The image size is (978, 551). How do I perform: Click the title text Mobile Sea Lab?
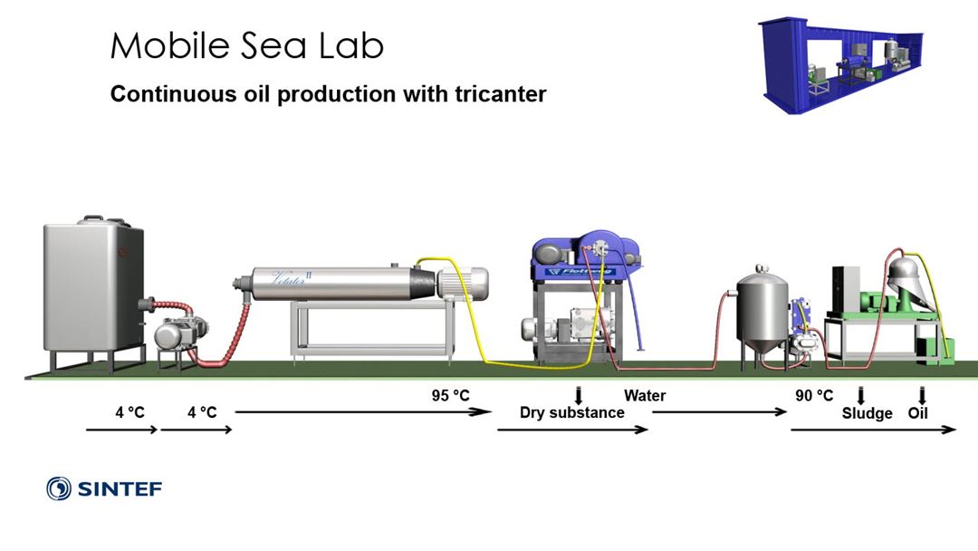point(246,46)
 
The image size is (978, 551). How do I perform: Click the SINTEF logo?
point(104,489)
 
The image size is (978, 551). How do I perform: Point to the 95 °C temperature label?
point(450,396)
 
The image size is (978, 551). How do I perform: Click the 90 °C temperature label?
point(814,396)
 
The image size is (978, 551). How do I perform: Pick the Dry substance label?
point(571,413)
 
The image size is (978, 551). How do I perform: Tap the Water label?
point(645,396)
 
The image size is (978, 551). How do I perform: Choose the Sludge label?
point(867,413)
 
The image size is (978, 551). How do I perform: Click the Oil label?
point(918,413)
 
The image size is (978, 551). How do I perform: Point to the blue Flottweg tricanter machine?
point(576,259)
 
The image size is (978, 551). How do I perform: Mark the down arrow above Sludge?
point(860,395)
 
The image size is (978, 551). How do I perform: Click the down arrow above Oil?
point(922,395)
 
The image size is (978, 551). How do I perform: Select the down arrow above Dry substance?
point(579,395)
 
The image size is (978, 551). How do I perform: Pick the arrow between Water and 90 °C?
point(719,412)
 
